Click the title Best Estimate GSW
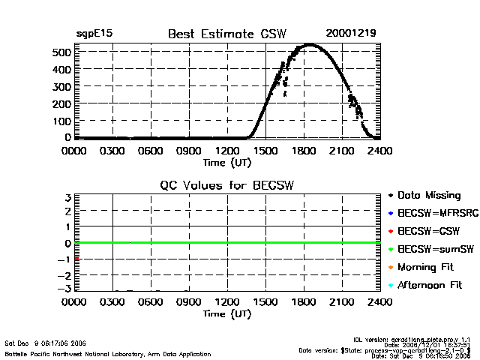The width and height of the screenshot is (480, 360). click(227, 34)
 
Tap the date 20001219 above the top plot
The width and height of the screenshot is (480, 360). click(351, 34)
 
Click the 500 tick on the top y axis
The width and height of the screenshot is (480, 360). click(61, 52)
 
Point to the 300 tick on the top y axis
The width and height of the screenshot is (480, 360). click(61, 87)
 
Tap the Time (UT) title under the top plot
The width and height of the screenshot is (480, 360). click(226, 161)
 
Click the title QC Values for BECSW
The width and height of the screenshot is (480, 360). click(226, 185)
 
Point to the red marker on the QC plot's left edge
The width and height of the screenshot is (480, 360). click(77, 259)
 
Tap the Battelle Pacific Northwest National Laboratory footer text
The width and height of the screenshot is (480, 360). click(108, 353)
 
